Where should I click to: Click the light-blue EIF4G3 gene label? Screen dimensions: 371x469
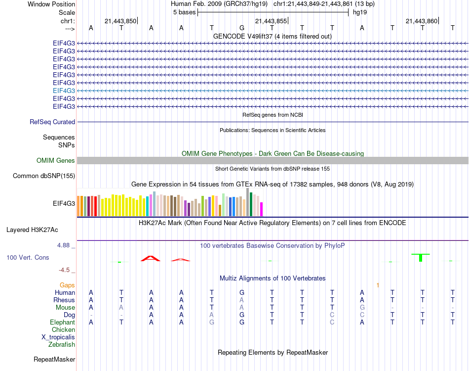point(64,91)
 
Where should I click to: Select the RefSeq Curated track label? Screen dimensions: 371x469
point(52,122)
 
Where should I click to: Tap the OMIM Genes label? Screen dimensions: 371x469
point(56,160)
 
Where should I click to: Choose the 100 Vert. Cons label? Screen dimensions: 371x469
point(28,258)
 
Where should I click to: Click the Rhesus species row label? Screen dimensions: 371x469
point(65,300)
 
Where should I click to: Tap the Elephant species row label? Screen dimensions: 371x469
point(63,322)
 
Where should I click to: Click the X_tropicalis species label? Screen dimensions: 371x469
point(58,337)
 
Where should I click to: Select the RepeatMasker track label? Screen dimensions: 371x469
point(54,359)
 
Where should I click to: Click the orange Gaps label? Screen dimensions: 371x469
point(67,285)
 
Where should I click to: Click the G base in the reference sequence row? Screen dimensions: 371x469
point(241,28)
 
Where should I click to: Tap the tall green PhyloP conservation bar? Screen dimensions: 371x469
point(421,258)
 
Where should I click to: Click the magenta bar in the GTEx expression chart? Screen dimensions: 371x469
point(262,209)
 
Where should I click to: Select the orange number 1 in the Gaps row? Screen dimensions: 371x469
point(378,285)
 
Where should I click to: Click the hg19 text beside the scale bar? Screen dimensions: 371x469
point(359,12)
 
